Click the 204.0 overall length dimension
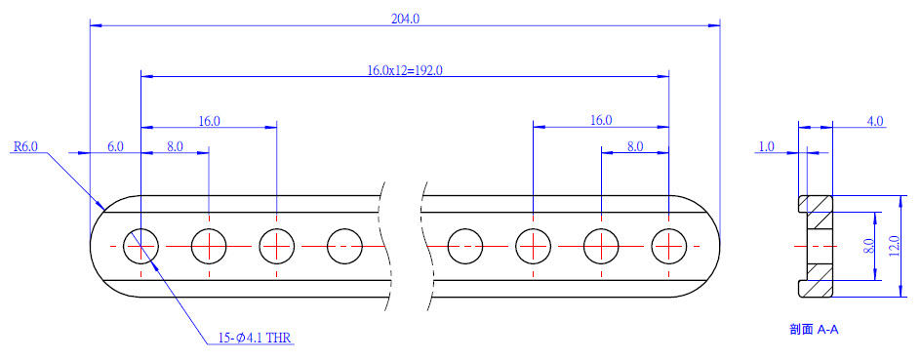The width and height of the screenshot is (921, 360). pos(405,19)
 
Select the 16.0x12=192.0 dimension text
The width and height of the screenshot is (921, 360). pos(405,70)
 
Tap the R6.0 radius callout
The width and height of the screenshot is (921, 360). pos(25,146)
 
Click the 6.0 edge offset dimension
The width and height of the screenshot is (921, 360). pos(115,146)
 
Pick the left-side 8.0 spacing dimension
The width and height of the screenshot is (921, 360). pos(175,146)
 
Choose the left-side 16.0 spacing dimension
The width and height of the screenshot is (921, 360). pos(209,121)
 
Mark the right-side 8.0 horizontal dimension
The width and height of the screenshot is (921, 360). pos(635,146)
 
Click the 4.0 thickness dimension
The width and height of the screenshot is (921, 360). pos(875,121)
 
